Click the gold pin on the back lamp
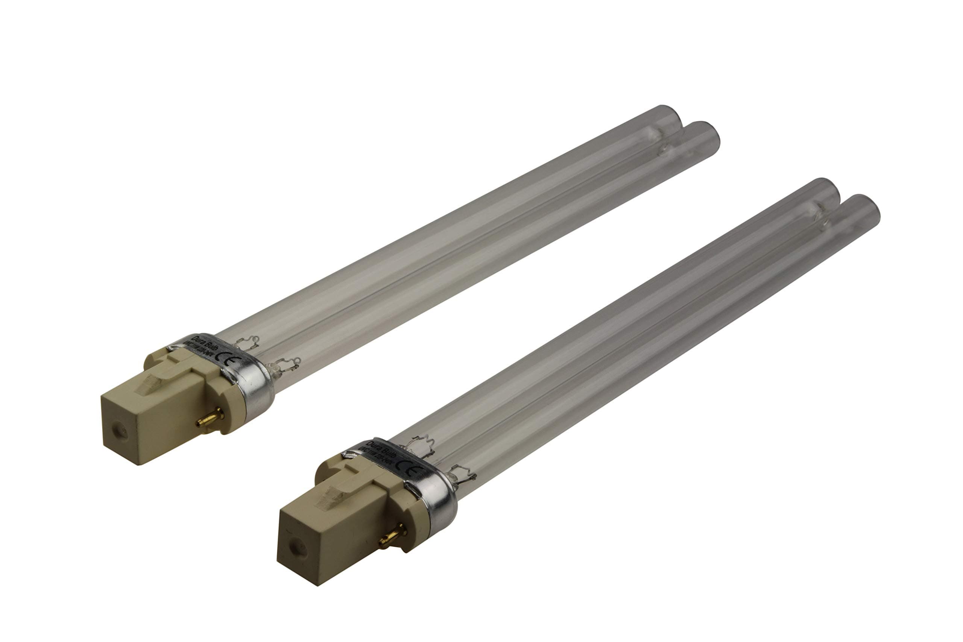coord(210,419)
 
